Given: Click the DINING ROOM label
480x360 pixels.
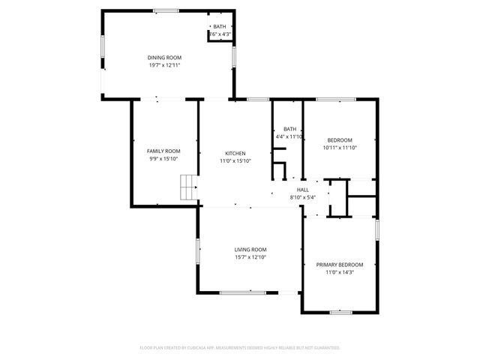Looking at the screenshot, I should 164,58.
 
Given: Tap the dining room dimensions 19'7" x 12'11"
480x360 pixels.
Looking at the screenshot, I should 164,65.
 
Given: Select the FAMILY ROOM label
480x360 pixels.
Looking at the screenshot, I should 163,151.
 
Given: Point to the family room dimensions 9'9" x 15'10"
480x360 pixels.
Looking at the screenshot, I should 163,159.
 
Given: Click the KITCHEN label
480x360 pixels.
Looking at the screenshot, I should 235,153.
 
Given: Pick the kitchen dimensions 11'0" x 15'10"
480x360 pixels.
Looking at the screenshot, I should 235,160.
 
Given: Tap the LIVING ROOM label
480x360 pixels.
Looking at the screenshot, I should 250,250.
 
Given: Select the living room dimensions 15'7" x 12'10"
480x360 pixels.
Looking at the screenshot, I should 250,257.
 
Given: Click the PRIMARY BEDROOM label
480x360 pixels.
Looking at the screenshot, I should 339,265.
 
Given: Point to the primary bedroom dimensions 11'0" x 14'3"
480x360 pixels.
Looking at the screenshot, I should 339,272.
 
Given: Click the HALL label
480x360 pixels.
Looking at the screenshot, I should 303,190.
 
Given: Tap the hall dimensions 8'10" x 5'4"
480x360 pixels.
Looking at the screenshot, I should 303,197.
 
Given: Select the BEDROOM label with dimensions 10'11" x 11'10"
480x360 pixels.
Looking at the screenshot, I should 339,140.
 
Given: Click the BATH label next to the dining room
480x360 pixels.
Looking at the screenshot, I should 219,27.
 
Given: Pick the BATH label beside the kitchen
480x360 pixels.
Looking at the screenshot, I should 289,128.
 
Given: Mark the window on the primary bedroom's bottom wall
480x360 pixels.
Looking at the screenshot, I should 341,311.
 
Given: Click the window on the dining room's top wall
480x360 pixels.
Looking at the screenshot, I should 166,10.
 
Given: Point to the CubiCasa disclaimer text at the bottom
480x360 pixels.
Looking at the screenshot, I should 240,348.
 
